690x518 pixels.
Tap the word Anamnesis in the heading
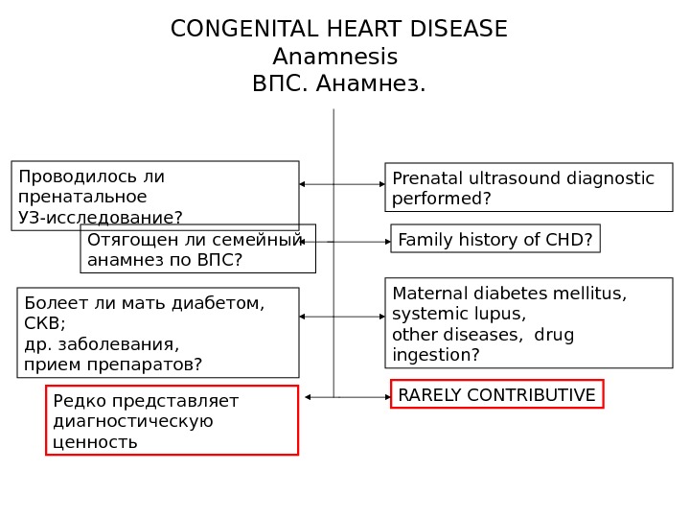(x=334, y=58)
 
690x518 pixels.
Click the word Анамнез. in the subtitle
(x=369, y=85)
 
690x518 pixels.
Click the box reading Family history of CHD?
(x=494, y=239)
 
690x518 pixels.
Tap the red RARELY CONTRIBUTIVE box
(x=496, y=395)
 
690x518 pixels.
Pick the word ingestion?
(x=436, y=355)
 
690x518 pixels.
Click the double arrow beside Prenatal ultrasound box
(x=342, y=184)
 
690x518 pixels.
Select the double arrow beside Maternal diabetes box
(x=342, y=316)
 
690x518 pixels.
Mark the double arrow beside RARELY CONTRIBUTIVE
(x=347, y=396)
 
